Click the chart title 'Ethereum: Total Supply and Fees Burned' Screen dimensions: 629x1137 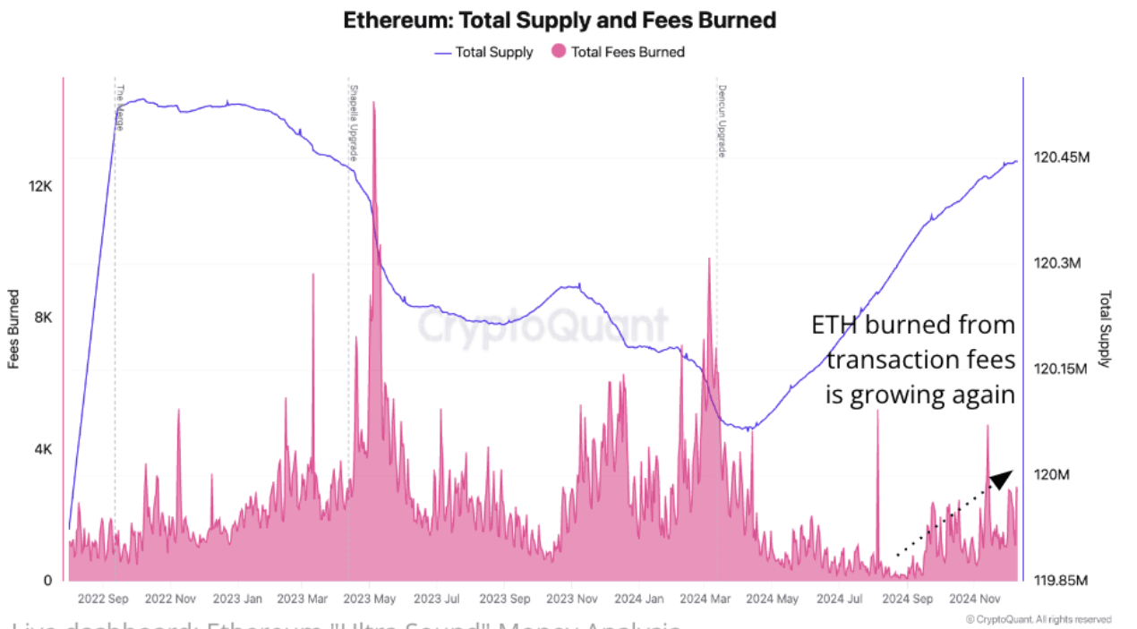(560, 20)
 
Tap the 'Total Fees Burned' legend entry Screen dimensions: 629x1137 (627, 52)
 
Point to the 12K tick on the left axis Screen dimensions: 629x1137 (41, 186)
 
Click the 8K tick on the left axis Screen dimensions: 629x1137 (44, 318)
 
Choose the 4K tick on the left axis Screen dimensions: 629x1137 (44, 449)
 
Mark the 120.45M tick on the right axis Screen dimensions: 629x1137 (1062, 158)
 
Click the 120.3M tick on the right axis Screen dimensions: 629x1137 (1058, 264)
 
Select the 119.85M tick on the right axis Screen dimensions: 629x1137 (1062, 581)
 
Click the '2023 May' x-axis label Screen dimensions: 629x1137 (370, 599)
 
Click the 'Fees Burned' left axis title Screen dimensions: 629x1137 (14, 329)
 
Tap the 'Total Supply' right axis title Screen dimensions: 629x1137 (1105, 329)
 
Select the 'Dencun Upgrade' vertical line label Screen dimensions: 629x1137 (721, 121)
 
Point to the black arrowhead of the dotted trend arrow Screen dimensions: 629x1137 (1002, 479)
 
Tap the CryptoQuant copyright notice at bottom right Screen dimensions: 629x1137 (1039, 619)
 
